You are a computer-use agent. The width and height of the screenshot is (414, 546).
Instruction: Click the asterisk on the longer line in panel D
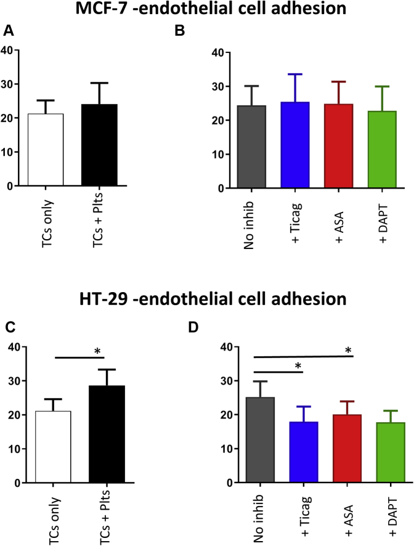tap(348, 351)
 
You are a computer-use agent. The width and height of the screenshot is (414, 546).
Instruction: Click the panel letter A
tap(8, 31)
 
